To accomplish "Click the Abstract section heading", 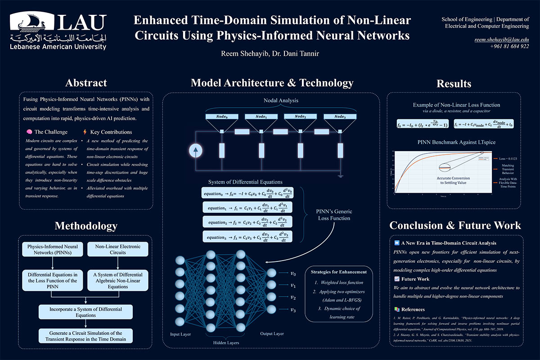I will pos(86,83).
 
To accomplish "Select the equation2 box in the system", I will pos(247,222).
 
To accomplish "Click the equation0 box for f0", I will pos(247,193).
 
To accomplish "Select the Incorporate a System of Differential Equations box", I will pos(86,311).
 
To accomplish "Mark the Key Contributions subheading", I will pos(111,132).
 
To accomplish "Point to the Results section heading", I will pos(454,84).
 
